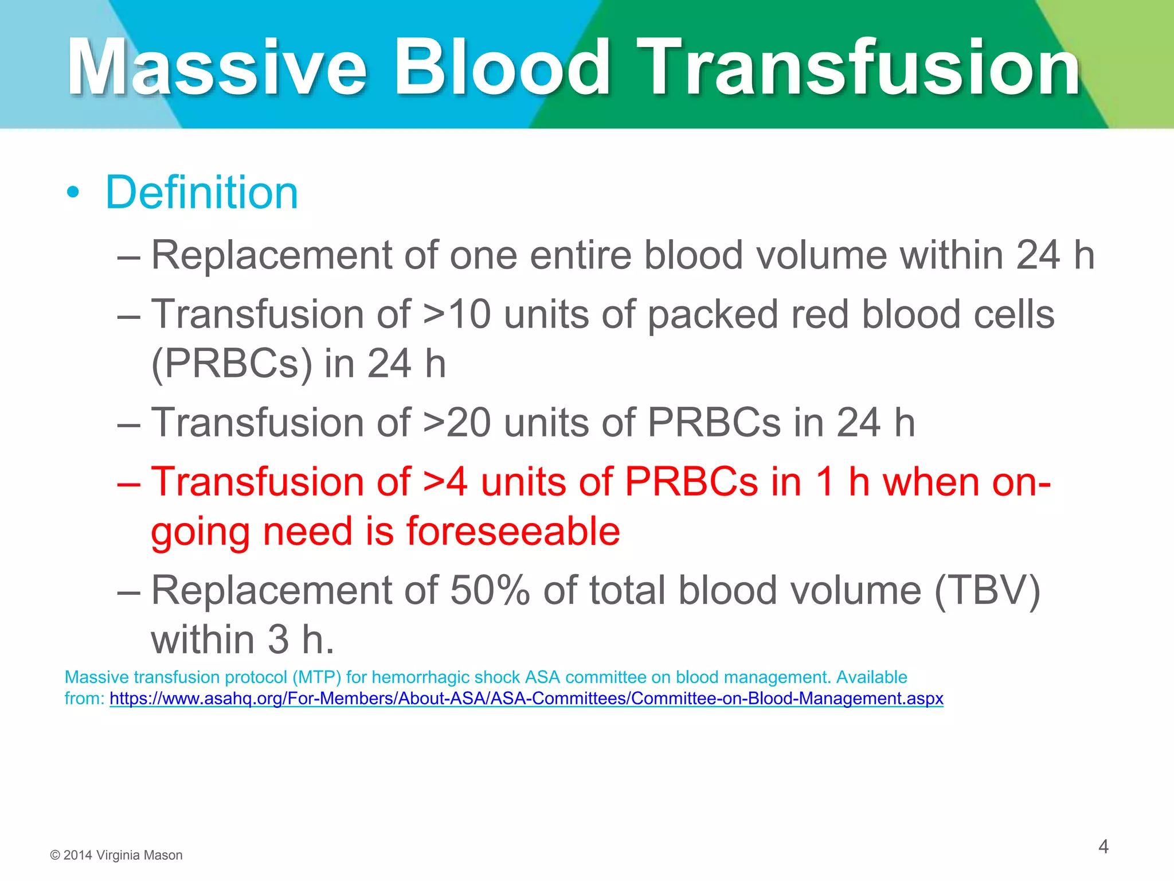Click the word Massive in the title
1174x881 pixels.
(217, 67)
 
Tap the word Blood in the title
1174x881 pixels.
(502, 67)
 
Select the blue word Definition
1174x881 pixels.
(201, 193)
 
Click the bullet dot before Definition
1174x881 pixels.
(72, 193)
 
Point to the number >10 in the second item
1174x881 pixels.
(457, 314)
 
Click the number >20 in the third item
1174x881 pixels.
(457, 423)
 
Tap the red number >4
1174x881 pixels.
(445, 482)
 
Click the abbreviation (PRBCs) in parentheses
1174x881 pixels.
(232, 364)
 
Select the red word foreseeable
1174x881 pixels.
(513, 531)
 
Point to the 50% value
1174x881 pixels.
(490, 591)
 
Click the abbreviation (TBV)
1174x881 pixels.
(987, 591)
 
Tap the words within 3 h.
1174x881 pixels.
(242, 640)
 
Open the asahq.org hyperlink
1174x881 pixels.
(526, 699)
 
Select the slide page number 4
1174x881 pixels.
(1103, 847)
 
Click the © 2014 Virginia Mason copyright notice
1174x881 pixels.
(116, 855)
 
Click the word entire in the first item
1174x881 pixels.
(580, 255)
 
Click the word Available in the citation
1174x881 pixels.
(871, 677)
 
